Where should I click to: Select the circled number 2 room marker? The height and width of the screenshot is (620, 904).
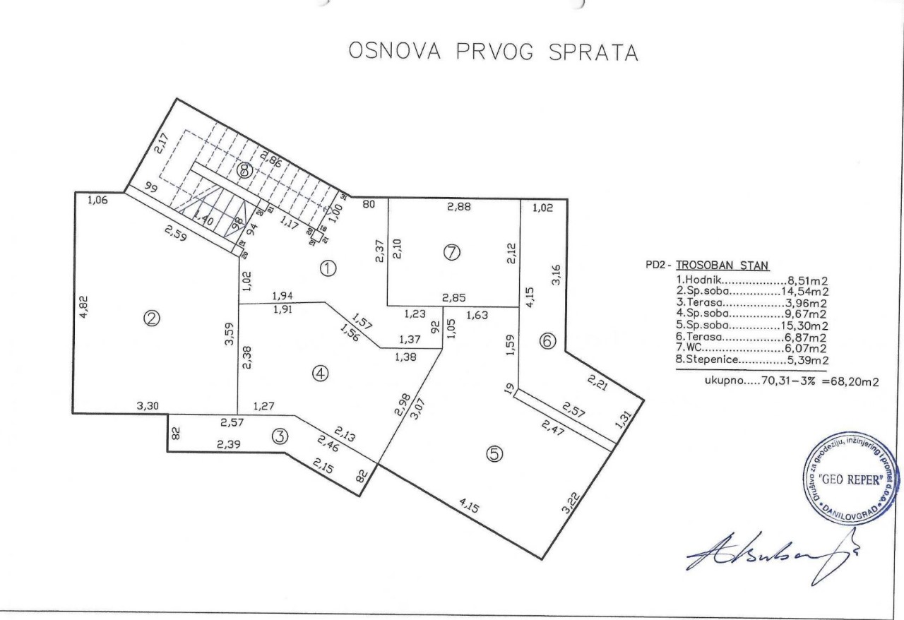coord(151,319)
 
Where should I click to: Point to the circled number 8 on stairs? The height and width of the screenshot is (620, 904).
coord(244,169)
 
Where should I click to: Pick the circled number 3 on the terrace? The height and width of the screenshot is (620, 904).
coord(280,436)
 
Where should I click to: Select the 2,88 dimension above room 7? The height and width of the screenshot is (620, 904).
coord(458,207)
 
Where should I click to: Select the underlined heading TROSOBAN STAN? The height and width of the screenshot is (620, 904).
coord(721,266)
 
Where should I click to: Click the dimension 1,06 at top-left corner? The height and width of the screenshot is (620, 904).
coord(100,201)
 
